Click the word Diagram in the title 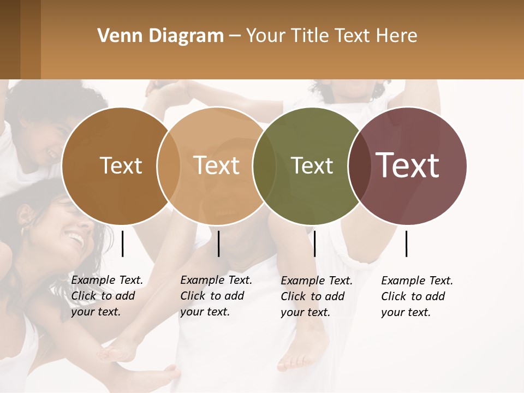click(x=186, y=36)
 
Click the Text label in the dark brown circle click(x=121, y=165)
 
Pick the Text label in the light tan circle click(x=217, y=165)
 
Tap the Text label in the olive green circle click(x=312, y=165)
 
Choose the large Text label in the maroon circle click(x=408, y=165)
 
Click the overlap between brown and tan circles click(x=168, y=166)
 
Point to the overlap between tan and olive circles click(x=264, y=166)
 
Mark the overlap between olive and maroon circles click(x=360, y=166)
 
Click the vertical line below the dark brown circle click(x=122, y=243)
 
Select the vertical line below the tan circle click(x=218, y=243)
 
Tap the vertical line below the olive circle click(x=314, y=243)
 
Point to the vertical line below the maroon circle click(x=406, y=243)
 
